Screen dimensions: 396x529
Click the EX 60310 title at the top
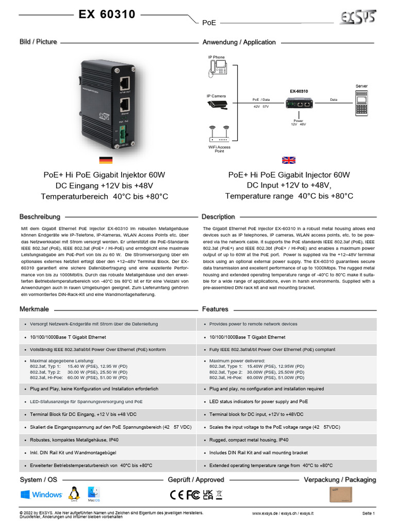click(x=107, y=14)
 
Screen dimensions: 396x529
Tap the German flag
click(x=106, y=160)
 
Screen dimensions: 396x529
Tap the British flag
click(x=289, y=160)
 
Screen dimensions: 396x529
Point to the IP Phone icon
click(x=216, y=67)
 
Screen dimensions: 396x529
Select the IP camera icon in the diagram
click(x=217, y=104)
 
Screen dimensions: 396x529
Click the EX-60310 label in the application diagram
click(x=299, y=91)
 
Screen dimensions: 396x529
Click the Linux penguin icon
click(x=75, y=493)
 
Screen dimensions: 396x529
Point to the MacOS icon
click(x=93, y=494)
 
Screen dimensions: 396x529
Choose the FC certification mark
click(x=193, y=494)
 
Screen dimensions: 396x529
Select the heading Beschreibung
click(x=40, y=216)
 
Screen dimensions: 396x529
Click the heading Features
click(x=215, y=309)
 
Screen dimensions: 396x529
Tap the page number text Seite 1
click(x=368, y=514)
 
